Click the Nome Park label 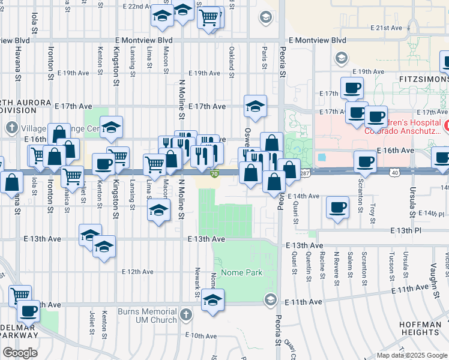[242, 272]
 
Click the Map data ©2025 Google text [412, 355]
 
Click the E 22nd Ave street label [136, 6]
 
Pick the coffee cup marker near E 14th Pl [337, 208]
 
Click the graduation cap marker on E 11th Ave [212, 300]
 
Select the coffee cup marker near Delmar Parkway [28, 311]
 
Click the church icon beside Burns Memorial [186, 315]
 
